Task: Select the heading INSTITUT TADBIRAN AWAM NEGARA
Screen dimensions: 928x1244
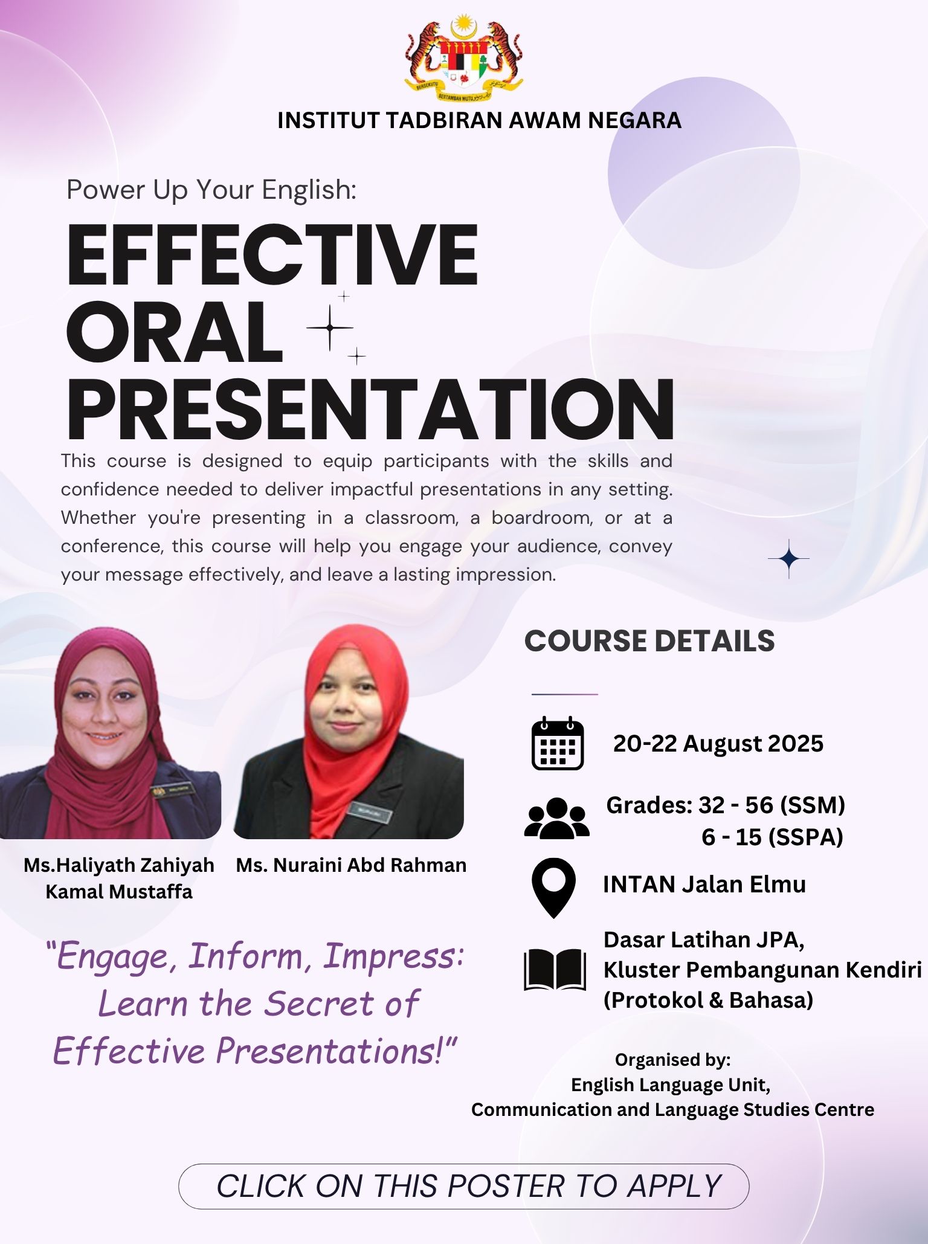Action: coord(479,120)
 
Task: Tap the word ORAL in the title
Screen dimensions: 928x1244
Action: coord(175,332)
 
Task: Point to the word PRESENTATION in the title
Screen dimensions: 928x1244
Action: coord(370,409)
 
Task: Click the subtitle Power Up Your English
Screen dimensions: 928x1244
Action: coord(211,190)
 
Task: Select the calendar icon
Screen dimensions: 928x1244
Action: coord(557,743)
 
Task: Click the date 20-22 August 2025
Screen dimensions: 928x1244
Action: coord(718,743)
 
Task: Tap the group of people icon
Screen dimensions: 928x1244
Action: coord(556,818)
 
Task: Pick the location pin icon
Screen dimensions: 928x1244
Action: coord(553,887)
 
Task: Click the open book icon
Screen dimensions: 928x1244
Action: coord(555,970)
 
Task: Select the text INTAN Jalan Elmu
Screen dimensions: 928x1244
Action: coord(704,885)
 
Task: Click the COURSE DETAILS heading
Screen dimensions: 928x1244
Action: coord(649,641)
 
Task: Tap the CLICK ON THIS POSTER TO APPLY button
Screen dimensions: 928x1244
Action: coord(464,1186)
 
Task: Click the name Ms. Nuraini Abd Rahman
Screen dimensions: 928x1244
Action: coord(351,865)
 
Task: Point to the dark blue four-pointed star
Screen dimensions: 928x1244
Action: coord(788,559)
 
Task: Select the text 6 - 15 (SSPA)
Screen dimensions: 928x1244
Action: coord(772,837)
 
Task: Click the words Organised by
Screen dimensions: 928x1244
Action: coord(672,1060)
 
